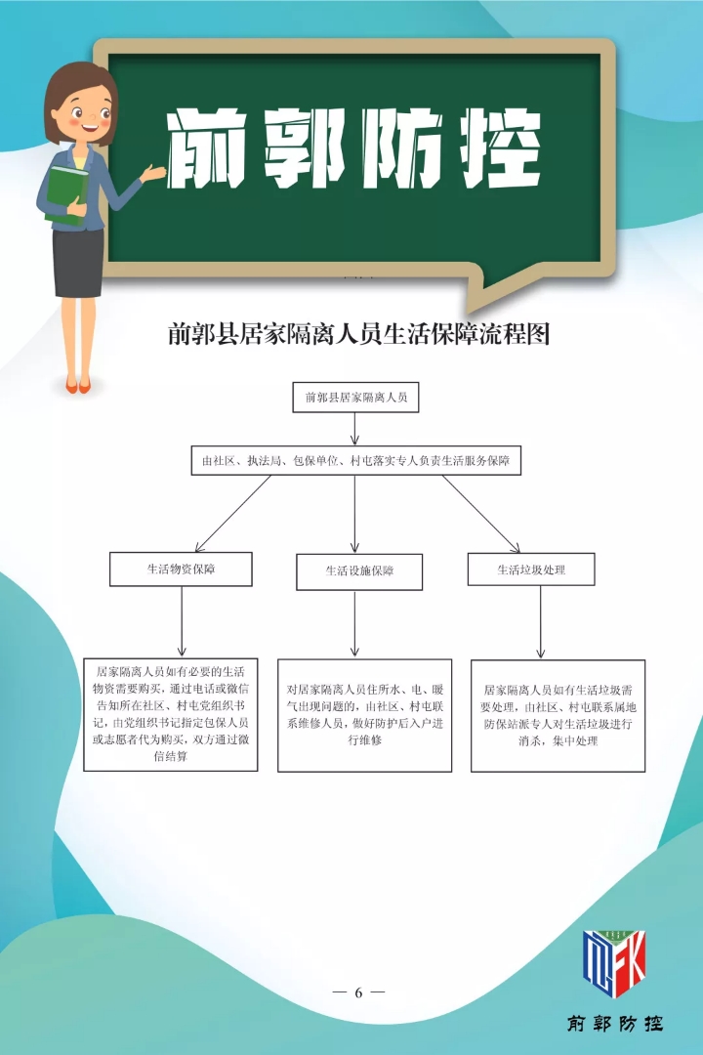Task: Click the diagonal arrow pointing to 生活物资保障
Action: (232, 514)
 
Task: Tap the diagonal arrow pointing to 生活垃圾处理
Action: (481, 514)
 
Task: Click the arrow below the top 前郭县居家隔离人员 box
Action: (354, 429)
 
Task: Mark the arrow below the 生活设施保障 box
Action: (354, 624)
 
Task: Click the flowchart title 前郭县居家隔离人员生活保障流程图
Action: (358, 334)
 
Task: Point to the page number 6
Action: (358, 992)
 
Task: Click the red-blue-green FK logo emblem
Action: (614, 963)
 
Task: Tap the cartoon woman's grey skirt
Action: (78, 263)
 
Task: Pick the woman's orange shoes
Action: (78, 386)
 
